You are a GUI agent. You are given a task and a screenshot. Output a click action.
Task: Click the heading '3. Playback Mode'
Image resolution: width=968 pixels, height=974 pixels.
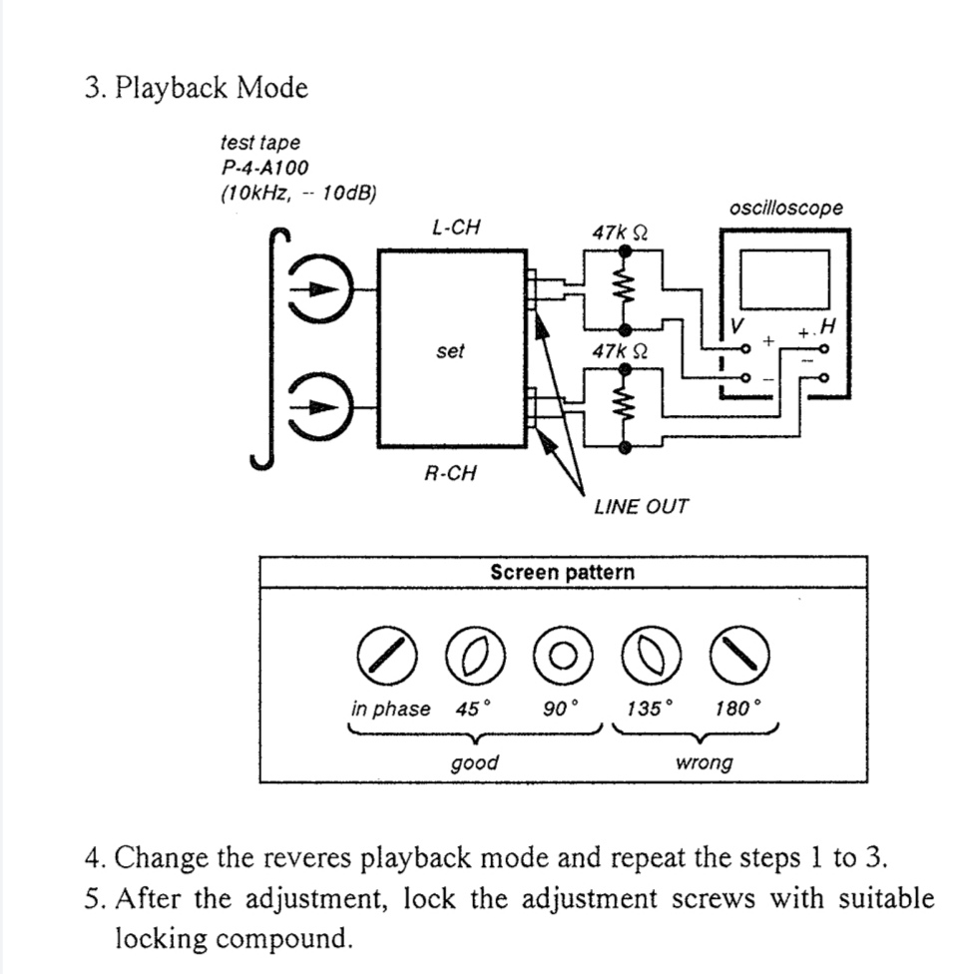pyautogui.click(x=197, y=88)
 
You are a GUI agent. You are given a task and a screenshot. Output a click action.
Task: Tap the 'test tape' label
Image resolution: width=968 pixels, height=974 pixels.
pyautogui.click(x=259, y=144)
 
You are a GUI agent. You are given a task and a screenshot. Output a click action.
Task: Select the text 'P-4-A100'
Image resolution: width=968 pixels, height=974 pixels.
pyautogui.click(x=266, y=168)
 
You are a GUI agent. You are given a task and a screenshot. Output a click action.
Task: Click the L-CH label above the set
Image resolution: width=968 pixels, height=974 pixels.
pyautogui.click(x=455, y=228)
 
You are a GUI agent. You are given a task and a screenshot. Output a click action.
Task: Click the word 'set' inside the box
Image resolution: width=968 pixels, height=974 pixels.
pyautogui.click(x=450, y=351)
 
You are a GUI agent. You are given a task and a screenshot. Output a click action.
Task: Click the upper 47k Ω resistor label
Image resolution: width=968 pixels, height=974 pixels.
pyautogui.click(x=620, y=233)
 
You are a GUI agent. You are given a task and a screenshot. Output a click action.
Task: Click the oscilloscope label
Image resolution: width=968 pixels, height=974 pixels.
pyautogui.click(x=785, y=209)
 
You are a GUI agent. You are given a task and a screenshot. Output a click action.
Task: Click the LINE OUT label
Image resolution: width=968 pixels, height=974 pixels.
pyautogui.click(x=641, y=506)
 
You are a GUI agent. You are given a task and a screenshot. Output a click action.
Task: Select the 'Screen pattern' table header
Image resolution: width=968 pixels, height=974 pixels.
pyautogui.click(x=562, y=573)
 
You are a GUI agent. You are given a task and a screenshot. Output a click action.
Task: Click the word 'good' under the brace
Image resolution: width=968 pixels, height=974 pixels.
pyautogui.click(x=475, y=762)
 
